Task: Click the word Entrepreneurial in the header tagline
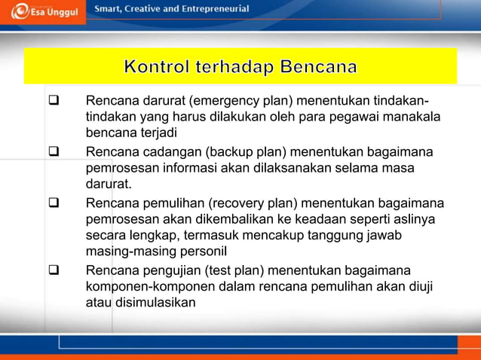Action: [x=213, y=8]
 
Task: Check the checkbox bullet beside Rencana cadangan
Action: [x=54, y=153]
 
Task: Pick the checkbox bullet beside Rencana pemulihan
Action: [x=54, y=203]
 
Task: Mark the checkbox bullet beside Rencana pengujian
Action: [x=54, y=270]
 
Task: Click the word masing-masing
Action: [x=129, y=252]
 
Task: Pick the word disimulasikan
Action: [x=155, y=303]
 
